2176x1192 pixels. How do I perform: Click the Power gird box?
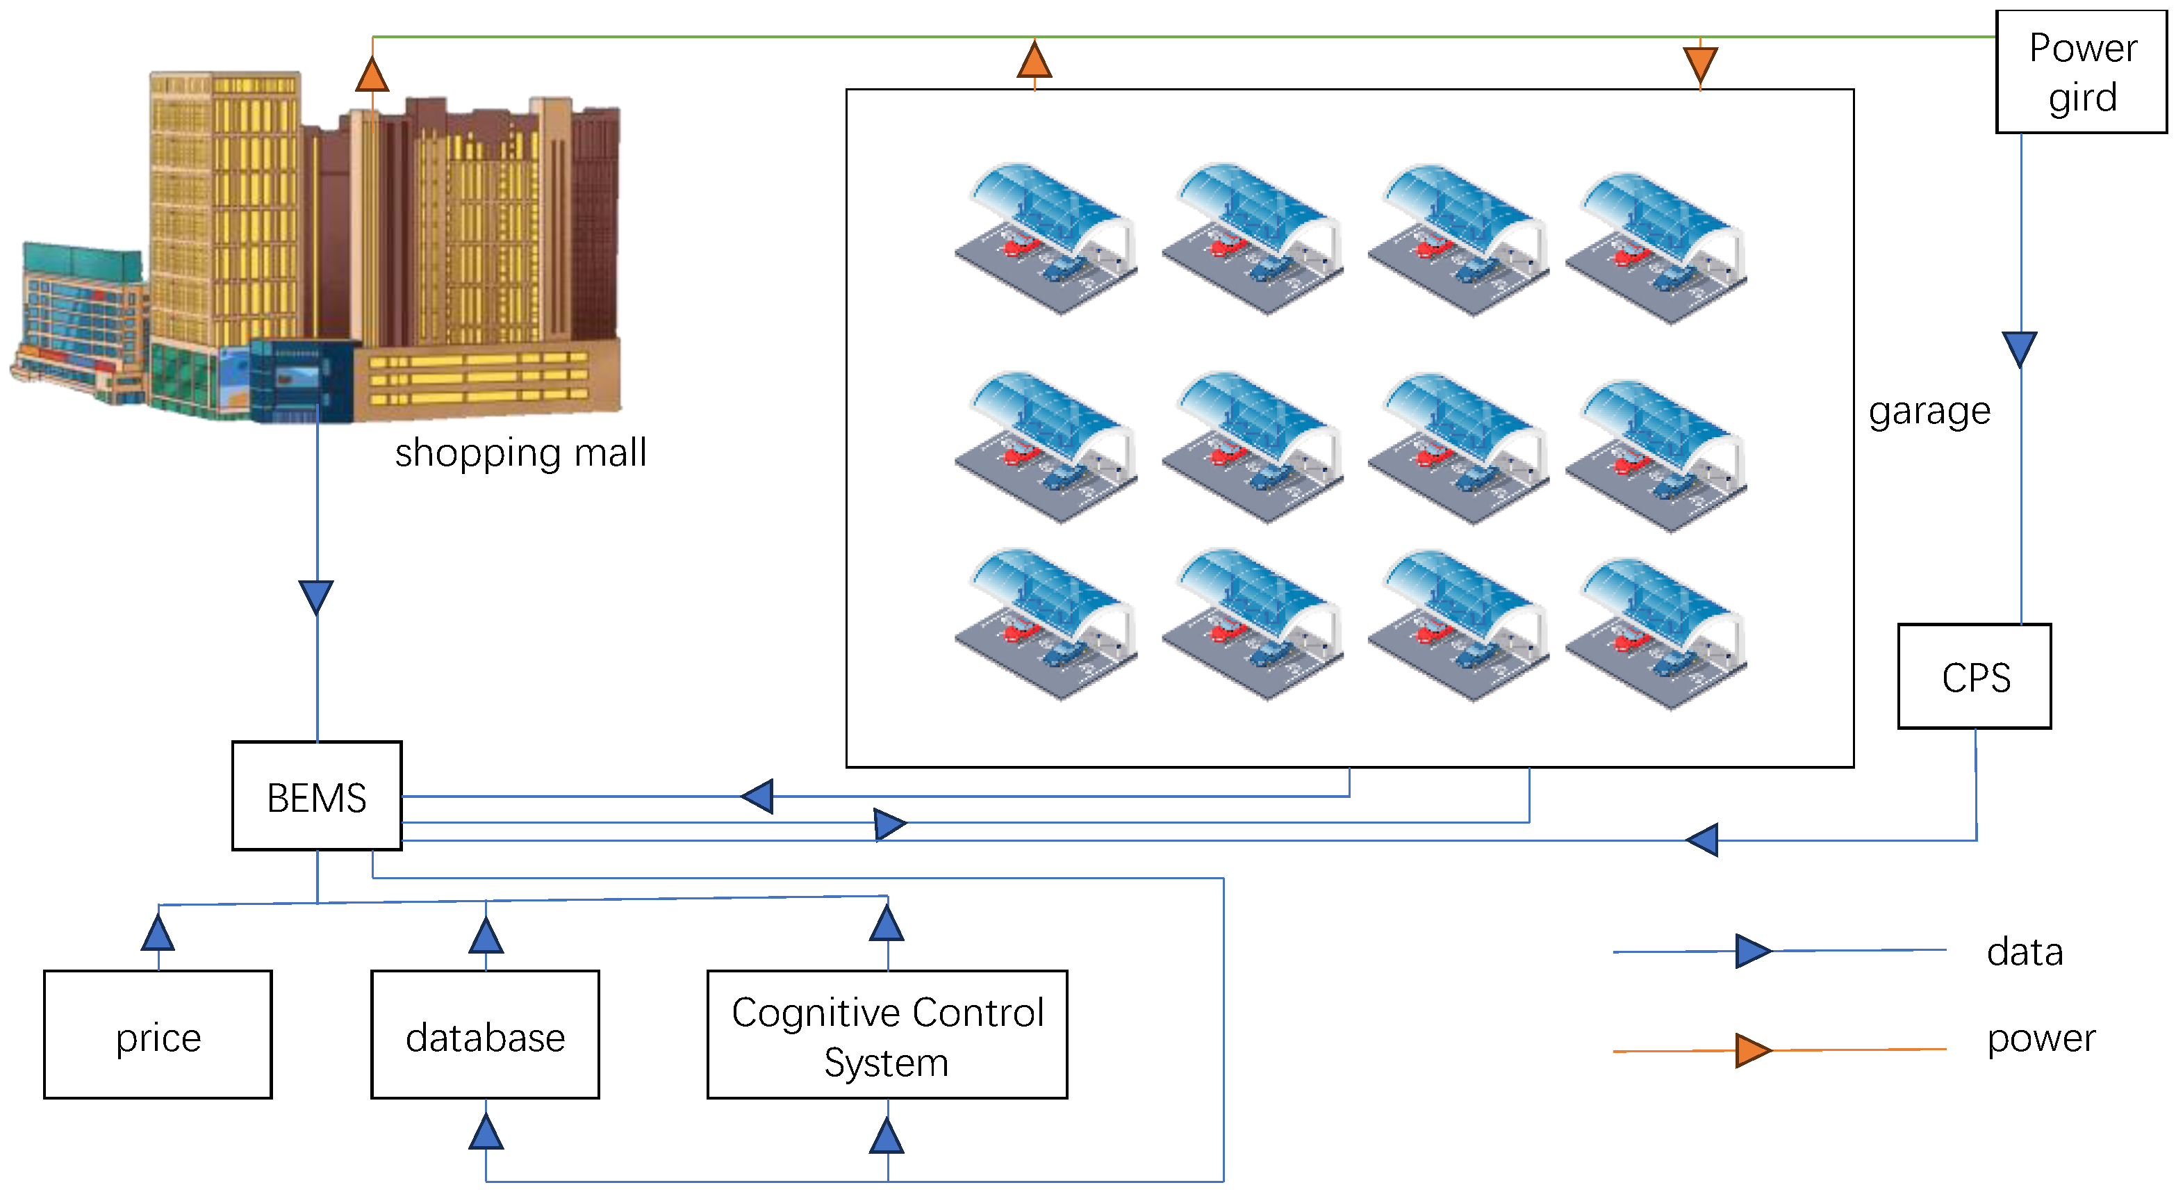pos(2081,72)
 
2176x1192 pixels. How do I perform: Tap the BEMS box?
pos(317,796)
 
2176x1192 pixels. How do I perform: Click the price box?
pos(158,1034)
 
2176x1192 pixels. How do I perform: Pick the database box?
pos(485,1034)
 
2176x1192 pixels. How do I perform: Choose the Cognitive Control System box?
pos(887,1034)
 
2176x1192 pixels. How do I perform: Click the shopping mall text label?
pos(520,452)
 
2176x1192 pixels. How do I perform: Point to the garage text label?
pos(1929,411)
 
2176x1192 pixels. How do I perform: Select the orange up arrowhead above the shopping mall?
pos(372,74)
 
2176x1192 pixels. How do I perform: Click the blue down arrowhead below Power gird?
pos(2020,350)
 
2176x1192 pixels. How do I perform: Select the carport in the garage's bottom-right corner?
pos(1656,634)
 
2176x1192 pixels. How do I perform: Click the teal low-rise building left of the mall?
pos(81,321)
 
